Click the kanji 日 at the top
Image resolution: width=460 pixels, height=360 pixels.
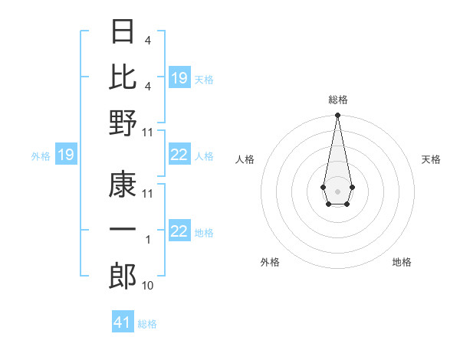click(x=123, y=33)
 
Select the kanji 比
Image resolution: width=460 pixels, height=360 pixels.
click(x=123, y=78)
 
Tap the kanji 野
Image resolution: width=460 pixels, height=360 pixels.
click(x=123, y=123)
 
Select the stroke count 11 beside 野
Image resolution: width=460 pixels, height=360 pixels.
click(x=148, y=132)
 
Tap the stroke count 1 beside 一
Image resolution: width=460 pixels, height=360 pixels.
click(x=148, y=240)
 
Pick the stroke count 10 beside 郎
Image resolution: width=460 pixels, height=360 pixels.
click(x=148, y=286)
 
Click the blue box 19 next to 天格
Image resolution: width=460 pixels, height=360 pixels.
click(x=179, y=78)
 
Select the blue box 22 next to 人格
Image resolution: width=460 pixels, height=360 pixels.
click(x=179, y=155)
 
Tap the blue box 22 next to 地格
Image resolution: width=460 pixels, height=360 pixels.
click(x=179, y=231)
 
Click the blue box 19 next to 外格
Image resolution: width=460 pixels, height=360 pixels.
click(x=66, y=155)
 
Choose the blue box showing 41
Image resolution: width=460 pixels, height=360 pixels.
click(x=123, y=322)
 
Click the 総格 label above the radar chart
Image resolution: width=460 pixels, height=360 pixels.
click(x=337, y=100)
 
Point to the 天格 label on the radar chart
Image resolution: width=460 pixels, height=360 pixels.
click(x=432, y=159)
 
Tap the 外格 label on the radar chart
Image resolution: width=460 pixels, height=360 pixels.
click(x=270, y=262)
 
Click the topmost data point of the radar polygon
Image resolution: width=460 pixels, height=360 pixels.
click(x=337, y=116)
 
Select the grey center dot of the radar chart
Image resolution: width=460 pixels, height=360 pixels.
click(x=337, y=190)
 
